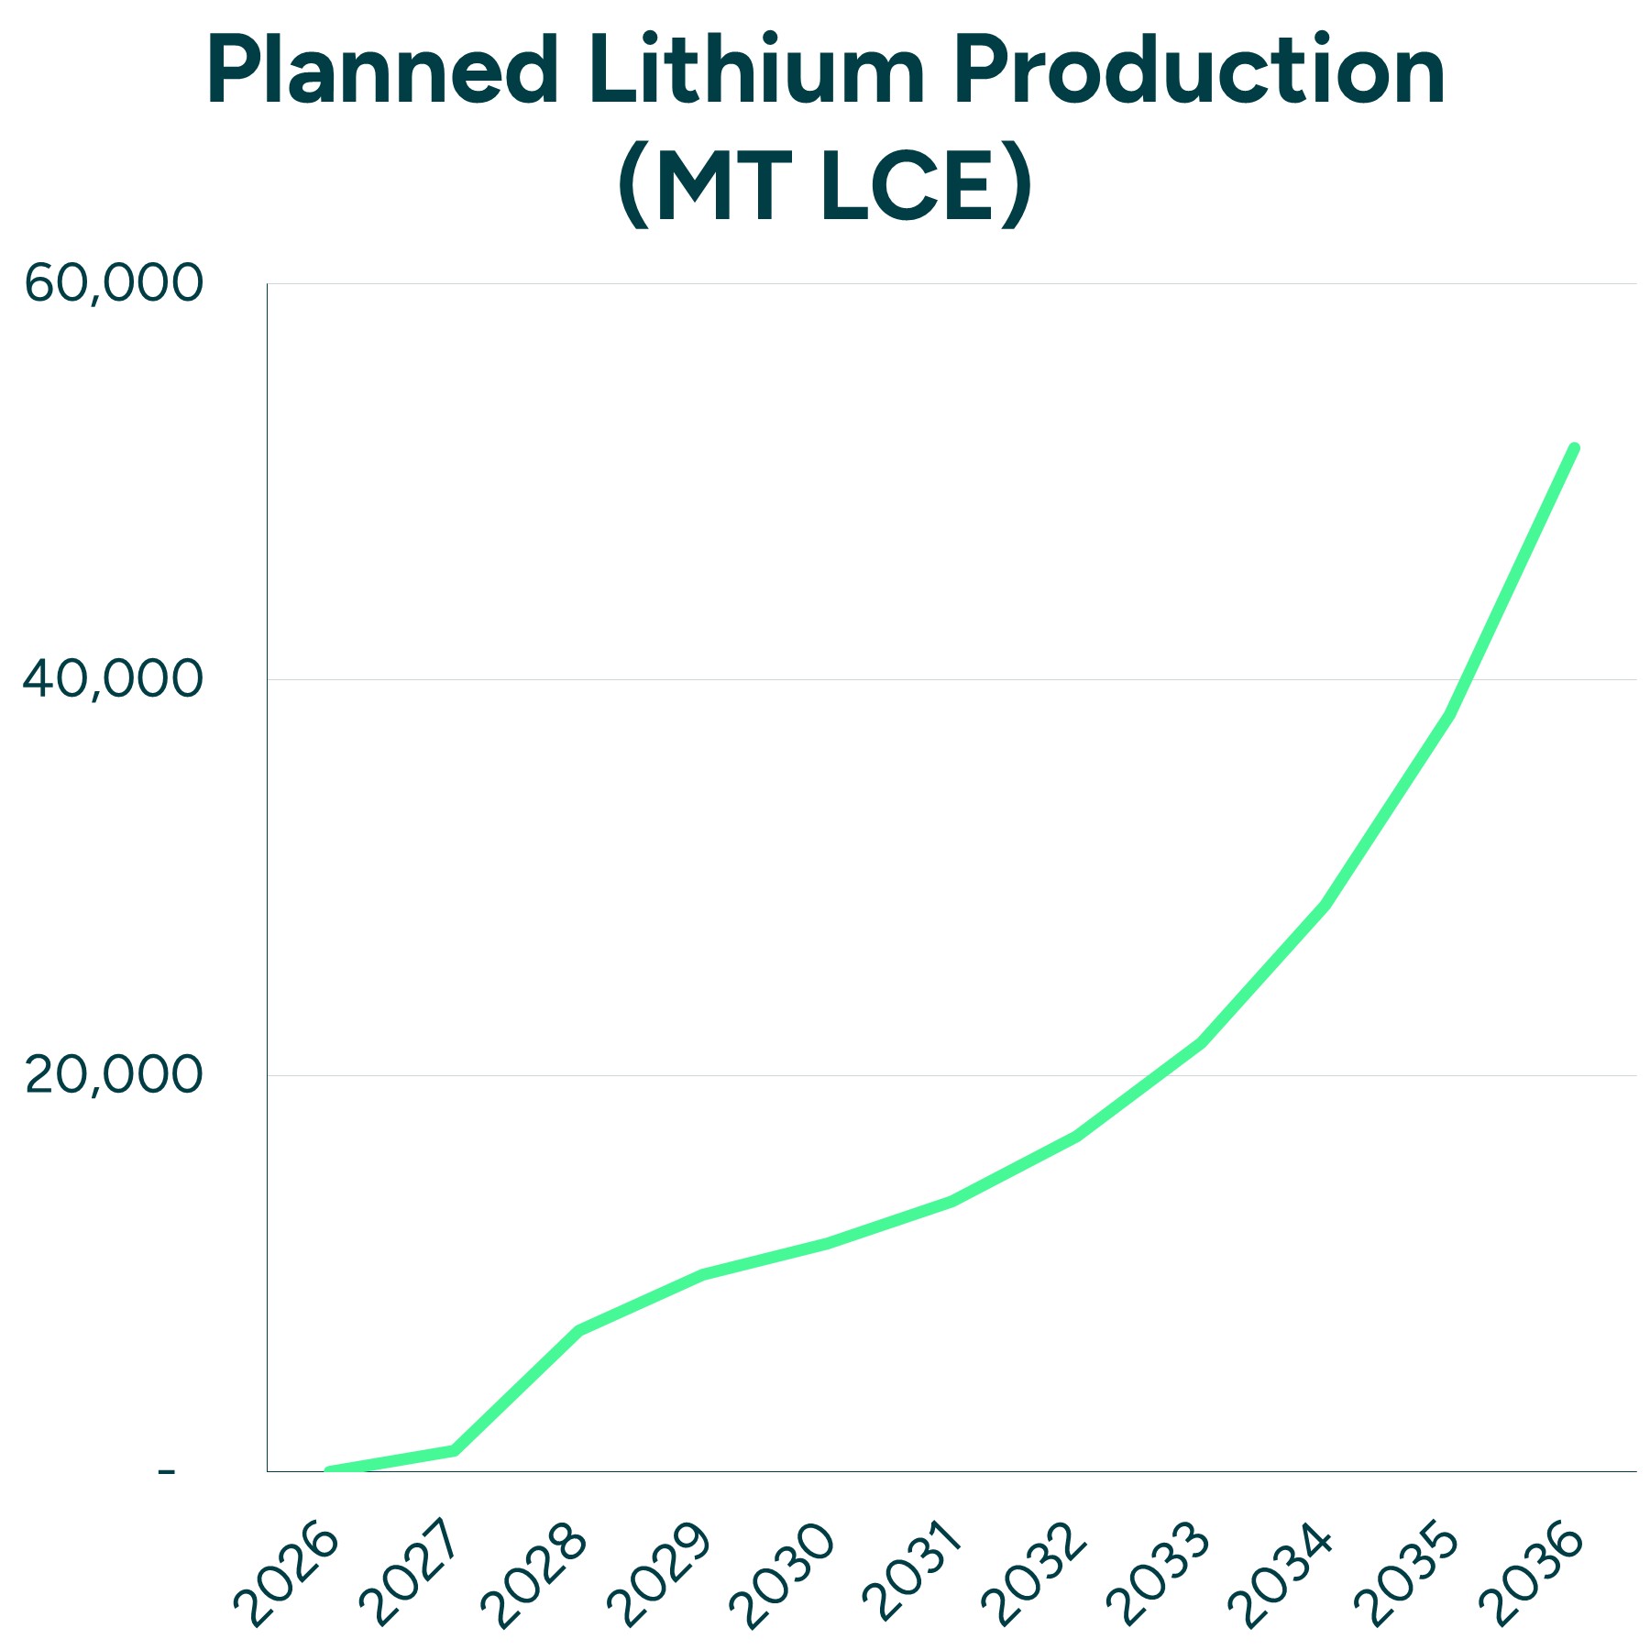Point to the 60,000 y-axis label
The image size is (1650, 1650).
[112, 283]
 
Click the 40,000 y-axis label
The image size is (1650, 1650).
[112, 679]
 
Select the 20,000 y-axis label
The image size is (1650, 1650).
[112, 1075]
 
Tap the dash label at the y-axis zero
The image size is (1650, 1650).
[166, 1471]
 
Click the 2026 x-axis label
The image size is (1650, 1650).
[286, 1574]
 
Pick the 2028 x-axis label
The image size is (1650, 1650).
[534, 1574]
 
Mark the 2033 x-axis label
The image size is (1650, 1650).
[1158, 1574]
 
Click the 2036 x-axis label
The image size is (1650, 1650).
[1531, 1574]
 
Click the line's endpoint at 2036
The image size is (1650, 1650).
[1574, 448]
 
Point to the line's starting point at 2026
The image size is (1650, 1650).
[330, 1471]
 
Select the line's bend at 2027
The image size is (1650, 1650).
[455, 1450]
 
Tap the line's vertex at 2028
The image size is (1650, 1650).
[579, 1329]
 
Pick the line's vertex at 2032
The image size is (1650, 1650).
[1076, 1137]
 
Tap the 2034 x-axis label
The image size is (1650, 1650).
[1281, 1574]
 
